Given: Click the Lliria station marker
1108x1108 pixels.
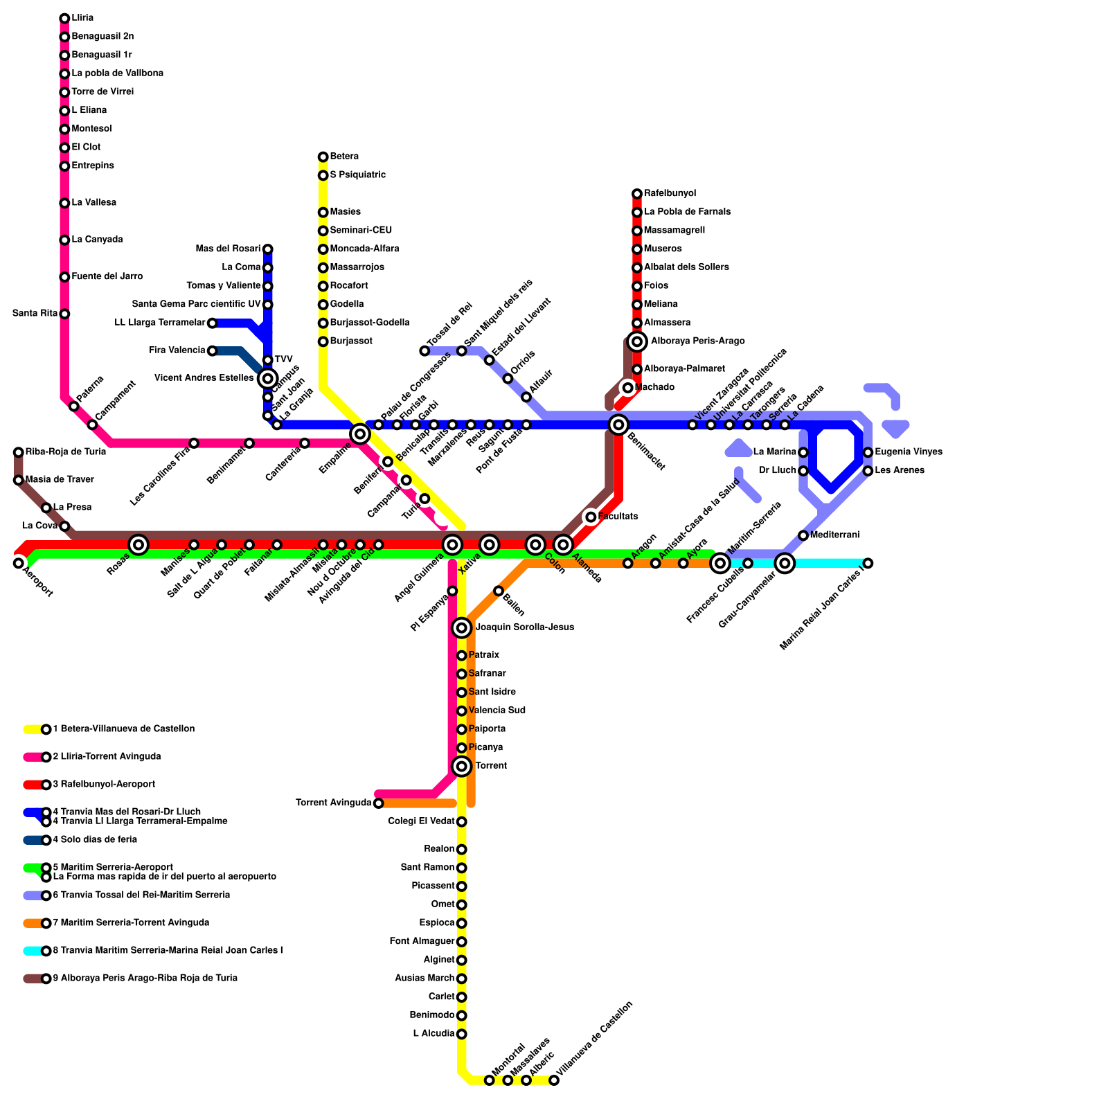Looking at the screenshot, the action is pos(64,18).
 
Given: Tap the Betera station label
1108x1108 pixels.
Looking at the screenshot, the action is pos(344,157).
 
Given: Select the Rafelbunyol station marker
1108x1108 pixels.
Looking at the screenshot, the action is pos(637,194).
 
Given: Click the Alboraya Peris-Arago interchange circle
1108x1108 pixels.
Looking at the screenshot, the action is pos(637,341).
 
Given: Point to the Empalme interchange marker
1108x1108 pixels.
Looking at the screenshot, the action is pos(359,434).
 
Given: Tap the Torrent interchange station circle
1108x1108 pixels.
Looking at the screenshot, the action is pos(462,766).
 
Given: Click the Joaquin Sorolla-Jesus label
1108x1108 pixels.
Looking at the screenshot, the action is pos(524,627).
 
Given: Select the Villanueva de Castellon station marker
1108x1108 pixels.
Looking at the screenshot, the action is pos(554,1080).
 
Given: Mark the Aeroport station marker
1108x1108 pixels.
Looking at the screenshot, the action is pos(19,563).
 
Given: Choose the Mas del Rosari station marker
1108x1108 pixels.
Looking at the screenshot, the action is pos(268,249).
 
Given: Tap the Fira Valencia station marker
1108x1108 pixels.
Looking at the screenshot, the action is pos(213,351).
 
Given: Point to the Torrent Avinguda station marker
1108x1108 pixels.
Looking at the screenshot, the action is pos(378,803).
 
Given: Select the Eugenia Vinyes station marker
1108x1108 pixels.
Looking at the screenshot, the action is pos(868,452).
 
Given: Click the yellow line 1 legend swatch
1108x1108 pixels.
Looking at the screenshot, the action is pos(33,729).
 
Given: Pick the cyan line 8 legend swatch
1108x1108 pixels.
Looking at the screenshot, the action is pos(33,951).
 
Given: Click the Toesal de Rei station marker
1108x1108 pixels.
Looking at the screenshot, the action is pos(425,351).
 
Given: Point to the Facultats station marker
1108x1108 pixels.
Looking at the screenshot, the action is pos(591,517).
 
